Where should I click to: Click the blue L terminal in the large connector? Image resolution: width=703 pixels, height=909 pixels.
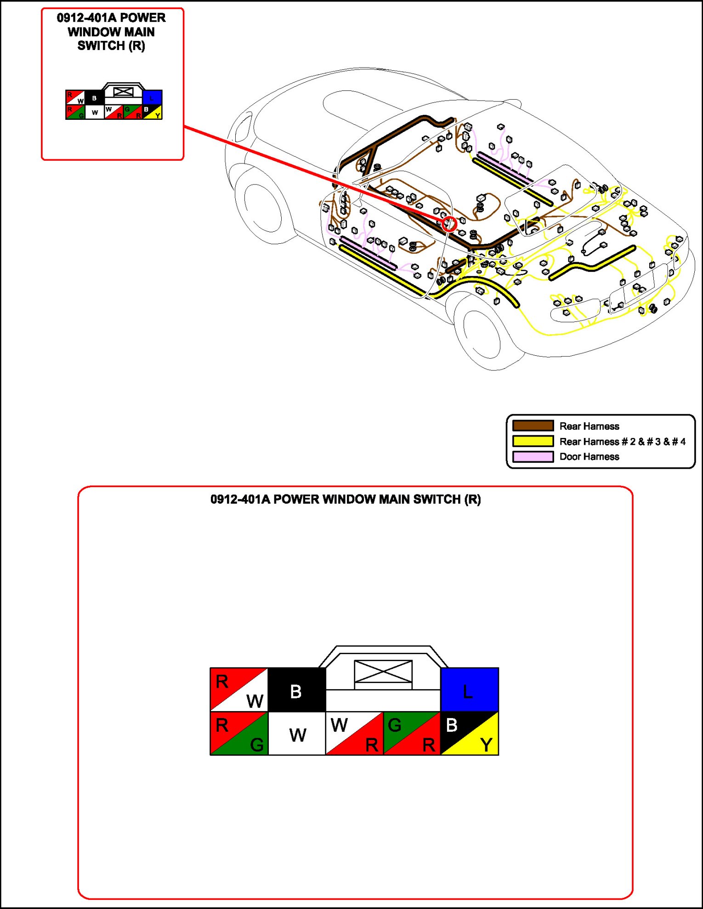point(470,690)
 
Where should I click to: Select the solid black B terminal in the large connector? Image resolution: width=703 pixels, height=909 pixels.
point(296,690)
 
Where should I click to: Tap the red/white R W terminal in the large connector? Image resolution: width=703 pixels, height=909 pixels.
point(239,690)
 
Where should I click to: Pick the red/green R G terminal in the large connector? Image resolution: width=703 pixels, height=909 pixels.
point(239,733)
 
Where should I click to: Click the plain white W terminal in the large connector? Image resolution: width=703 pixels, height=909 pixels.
point(297,733)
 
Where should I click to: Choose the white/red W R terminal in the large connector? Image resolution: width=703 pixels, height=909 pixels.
point(354,733)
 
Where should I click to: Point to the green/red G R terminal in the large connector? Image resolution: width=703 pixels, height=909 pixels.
point(412,733)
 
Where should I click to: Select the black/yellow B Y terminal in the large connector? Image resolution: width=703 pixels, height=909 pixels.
point(470,733)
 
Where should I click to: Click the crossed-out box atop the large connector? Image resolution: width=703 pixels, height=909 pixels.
point(383,671)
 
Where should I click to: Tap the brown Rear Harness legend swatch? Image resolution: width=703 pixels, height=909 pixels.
point(533,426)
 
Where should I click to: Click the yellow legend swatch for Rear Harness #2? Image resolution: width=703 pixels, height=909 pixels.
point(533,441)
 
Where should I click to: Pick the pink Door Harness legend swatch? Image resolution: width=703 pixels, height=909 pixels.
point(533,457)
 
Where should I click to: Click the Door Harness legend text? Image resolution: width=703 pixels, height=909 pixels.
point(589,457)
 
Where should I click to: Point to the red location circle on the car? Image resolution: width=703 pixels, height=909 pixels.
point(449,224)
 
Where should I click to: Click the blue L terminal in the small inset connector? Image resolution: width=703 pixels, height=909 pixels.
point(152,97)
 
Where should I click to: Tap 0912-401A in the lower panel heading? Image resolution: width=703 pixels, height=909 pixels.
point(240,499)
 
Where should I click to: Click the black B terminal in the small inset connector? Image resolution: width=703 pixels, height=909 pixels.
point(95,97)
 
